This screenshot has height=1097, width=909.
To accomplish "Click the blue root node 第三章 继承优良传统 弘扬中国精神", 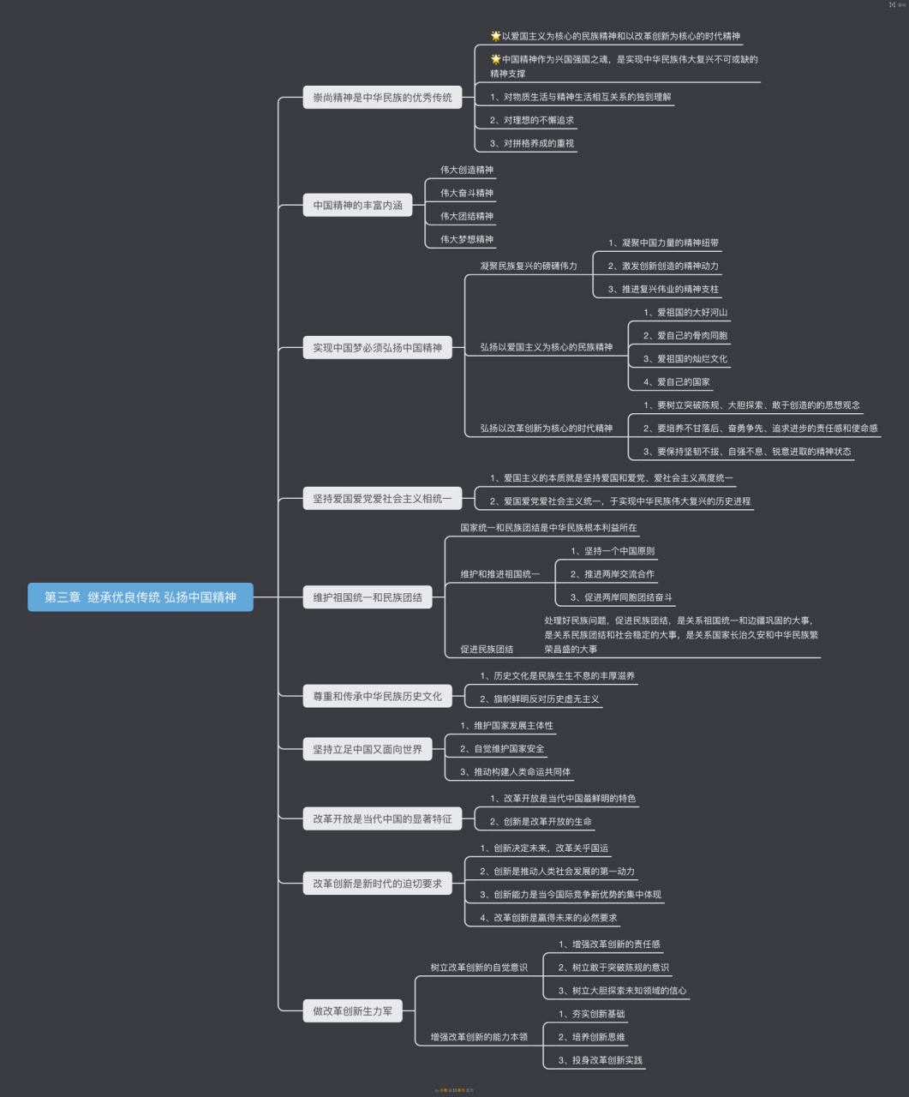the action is pos(141,596).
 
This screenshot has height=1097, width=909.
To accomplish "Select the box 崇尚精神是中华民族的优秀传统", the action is pos(382,97).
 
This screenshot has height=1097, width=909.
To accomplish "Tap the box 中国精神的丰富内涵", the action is pos(357,205).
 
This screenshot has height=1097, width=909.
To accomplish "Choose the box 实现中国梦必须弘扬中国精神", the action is pos(378,347).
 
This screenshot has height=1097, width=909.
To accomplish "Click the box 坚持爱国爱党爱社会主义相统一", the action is pos(382,498).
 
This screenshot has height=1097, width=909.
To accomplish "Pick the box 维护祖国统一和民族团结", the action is pos(368,596).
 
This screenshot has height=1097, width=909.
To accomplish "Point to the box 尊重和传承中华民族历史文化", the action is pos(378,696).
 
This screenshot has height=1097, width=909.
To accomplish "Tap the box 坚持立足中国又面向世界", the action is pos(368,749).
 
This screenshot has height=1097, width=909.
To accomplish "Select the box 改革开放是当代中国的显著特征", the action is pos(382,818).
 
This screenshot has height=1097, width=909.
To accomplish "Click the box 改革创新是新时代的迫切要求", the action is pos(378,883).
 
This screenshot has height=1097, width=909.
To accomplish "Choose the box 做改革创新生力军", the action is pos(353,1010).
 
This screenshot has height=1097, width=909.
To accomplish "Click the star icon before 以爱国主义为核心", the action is pos(496,36).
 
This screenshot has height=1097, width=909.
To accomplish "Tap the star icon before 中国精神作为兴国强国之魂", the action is pos(496,59).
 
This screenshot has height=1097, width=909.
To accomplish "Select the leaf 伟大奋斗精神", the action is pos(467,193).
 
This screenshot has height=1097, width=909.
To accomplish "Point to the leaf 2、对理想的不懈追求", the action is pos(532,120).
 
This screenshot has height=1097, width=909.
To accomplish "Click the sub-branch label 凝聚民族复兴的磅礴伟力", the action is pos(529,266).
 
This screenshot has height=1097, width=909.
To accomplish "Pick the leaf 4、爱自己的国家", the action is pos(676,382).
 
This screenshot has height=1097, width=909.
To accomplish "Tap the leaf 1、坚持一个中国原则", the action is pos(613,550).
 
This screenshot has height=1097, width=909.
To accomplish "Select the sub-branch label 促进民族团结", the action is pos(487,649).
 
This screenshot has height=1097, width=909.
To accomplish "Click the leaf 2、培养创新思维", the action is pos(591,1037).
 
